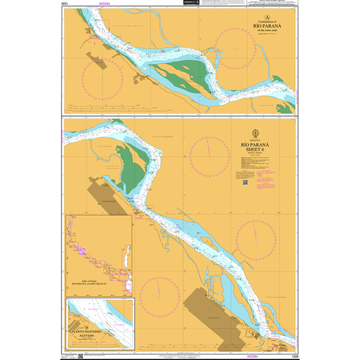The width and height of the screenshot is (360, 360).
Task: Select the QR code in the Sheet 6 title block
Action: [x=245, y=182]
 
